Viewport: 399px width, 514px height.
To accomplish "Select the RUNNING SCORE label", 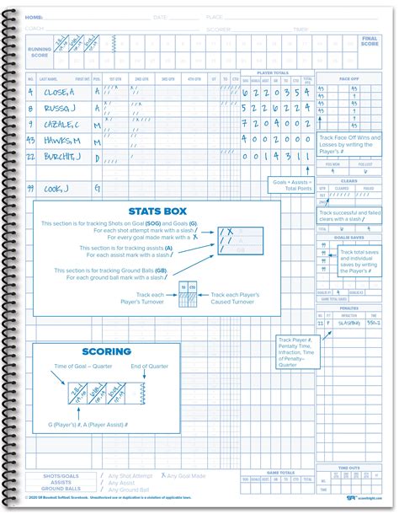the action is click(37, 53).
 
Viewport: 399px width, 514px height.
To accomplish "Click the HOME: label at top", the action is click(35, 16).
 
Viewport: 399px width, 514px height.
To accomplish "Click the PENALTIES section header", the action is click(348, 308).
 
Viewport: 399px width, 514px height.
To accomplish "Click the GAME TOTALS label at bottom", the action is click(277, 472).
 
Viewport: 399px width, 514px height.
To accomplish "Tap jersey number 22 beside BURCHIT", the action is click(30, 156).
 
